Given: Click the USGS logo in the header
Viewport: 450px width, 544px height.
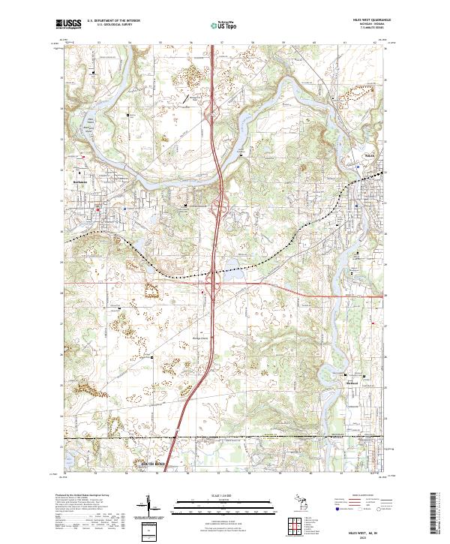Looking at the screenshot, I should pyautogui.click(x=67, y=24).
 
